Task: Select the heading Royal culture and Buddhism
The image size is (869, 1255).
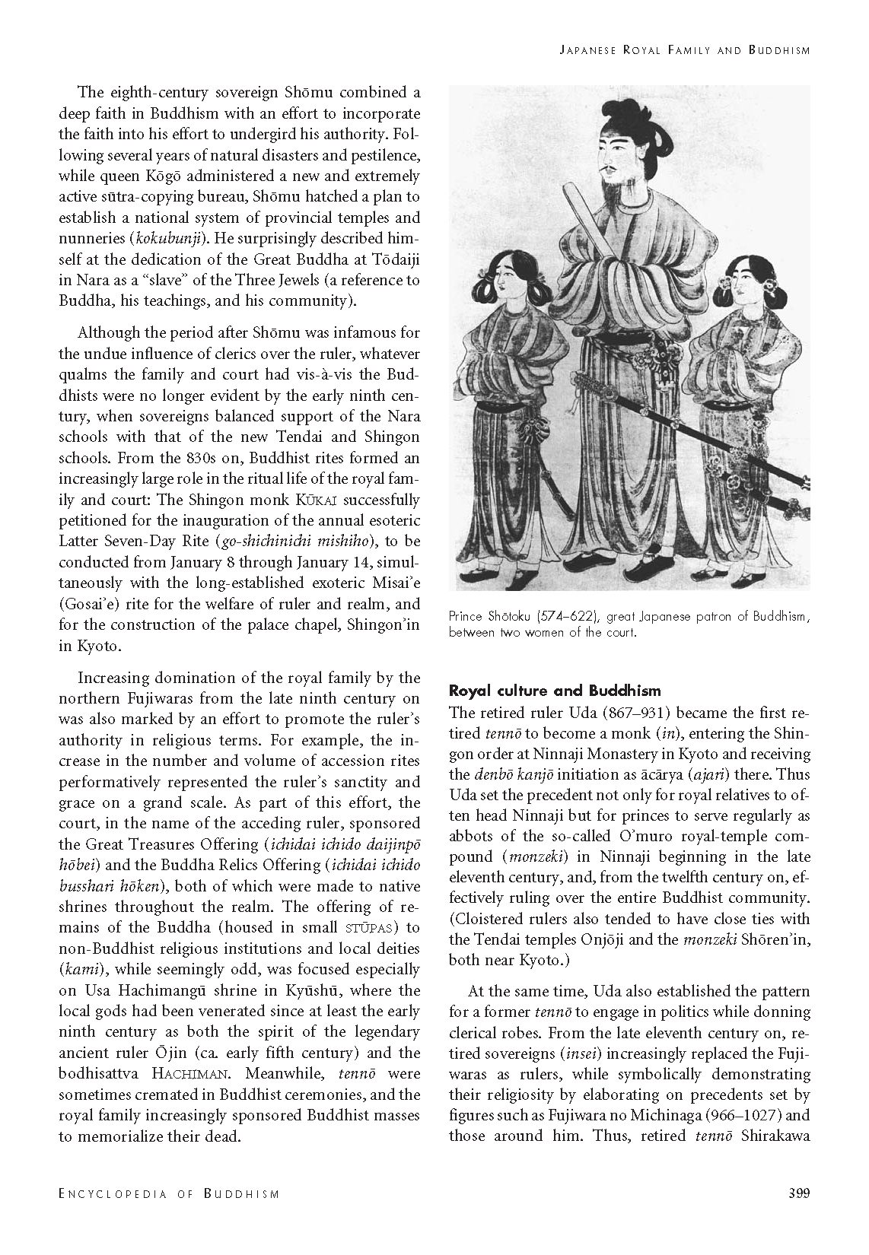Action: pos(555,691)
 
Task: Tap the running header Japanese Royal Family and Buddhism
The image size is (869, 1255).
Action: pos(684,50)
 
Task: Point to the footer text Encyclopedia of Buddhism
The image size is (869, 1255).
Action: pos(169,1193)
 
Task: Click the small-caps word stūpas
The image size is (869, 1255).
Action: pos(370,928)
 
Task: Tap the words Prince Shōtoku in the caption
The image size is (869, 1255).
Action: pos(488,617)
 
